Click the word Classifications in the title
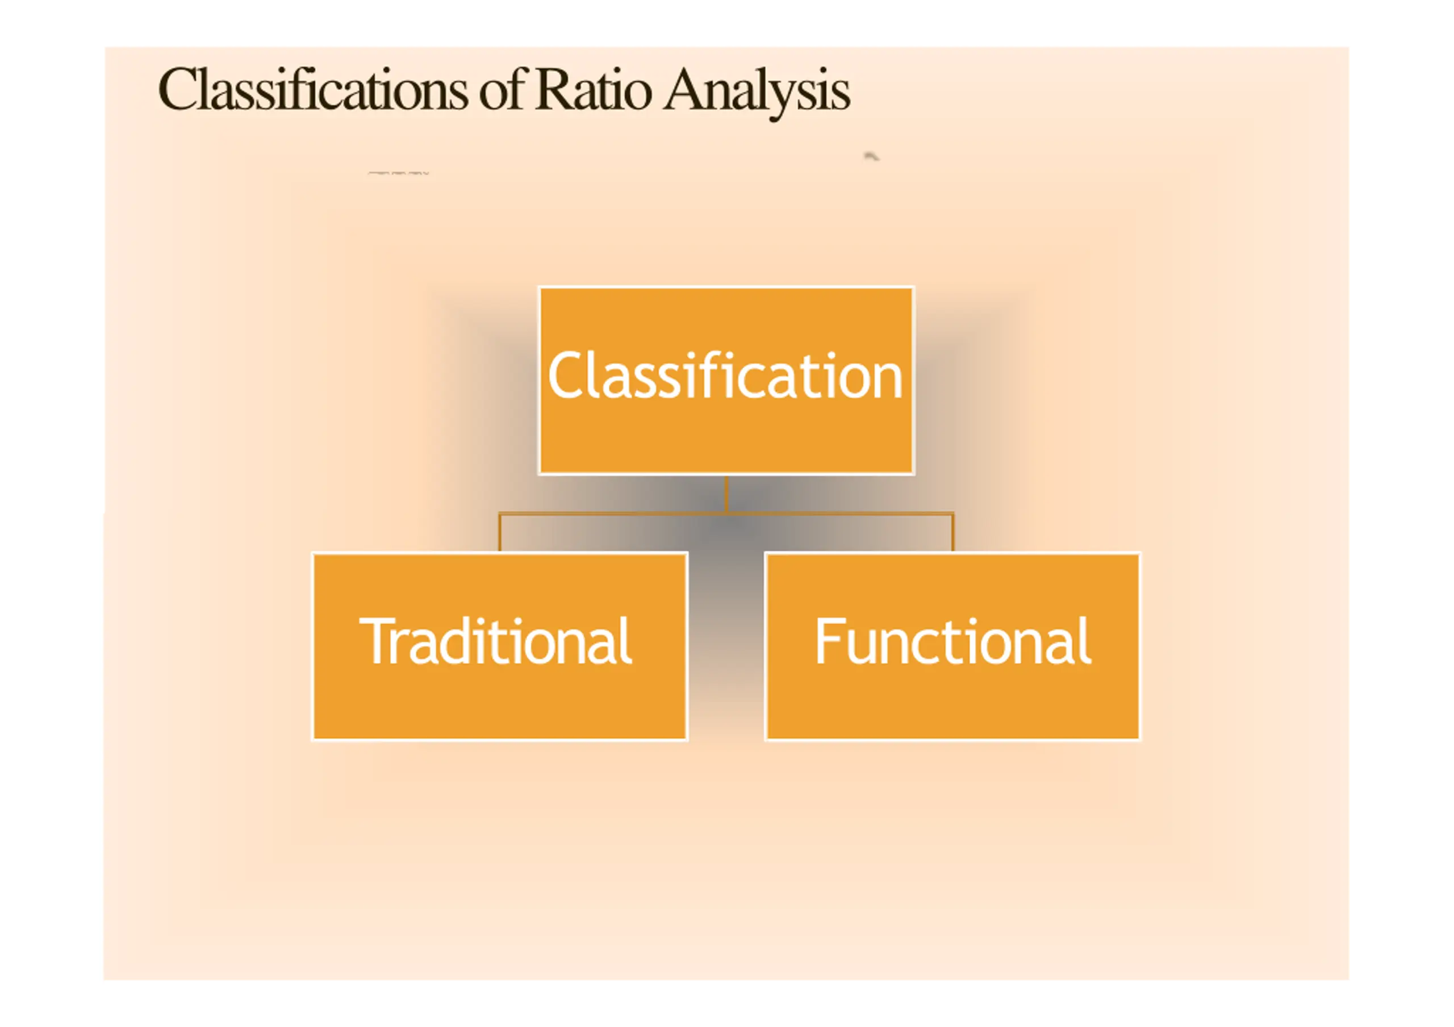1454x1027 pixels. tap(312, 90)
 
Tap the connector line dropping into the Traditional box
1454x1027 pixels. tap(500, 532)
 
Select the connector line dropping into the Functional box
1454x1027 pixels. tap(952, 532)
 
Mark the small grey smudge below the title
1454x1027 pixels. tap(871, 156)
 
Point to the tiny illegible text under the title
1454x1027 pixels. tap(398, 172)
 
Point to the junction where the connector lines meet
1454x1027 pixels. tap(726, 513)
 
